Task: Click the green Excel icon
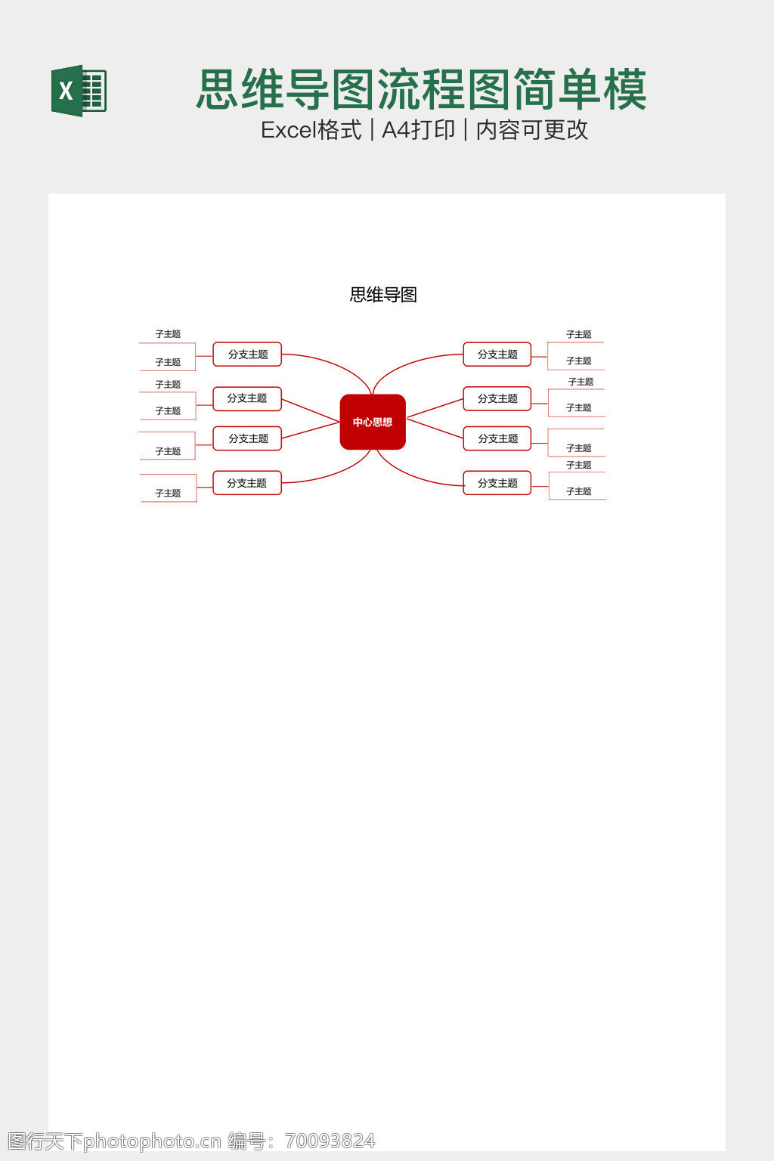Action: point(79,91)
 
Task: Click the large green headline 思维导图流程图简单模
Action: point(421,89)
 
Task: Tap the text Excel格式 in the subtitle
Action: point(311,130)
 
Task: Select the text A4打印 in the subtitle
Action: point(418,130)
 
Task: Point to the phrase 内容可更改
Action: point(532,130)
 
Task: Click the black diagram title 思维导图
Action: point(383,295)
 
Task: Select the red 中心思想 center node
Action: point(373,422)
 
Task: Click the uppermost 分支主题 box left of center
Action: point(247,354)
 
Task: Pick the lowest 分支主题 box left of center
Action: point(247,483)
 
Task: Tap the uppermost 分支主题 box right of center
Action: point(497,354)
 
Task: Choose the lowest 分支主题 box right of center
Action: point(497,483)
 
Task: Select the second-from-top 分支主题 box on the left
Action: point(247,398)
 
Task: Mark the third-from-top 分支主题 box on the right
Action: point(497,438)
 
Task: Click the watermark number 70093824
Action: point(330,1141)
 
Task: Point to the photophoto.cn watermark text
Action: point(151,1141)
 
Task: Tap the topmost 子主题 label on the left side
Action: point(168,334)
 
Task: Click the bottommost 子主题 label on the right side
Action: point(579,491)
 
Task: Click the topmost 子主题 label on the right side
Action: point(579,334)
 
